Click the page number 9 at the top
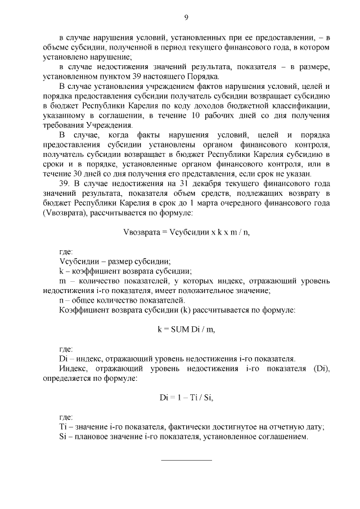coord(186,17)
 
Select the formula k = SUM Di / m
coord(186,330)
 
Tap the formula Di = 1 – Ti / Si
coord(186,398)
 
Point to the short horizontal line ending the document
coord(186,460)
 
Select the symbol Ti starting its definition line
coord(63,427)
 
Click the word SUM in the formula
coord(173,330)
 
